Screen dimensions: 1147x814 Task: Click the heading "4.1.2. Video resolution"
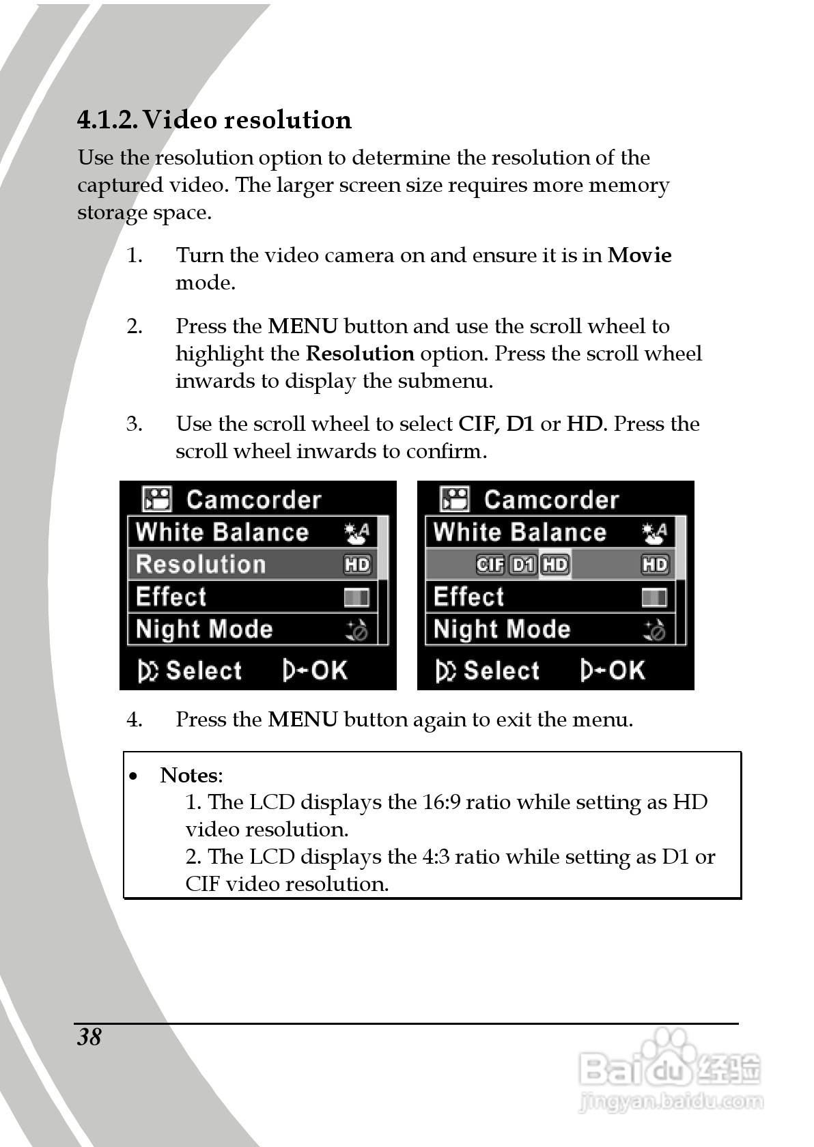pos(214,120)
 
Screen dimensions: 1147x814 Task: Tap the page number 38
pos(89,1037)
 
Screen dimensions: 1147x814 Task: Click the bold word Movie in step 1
pos(639,255)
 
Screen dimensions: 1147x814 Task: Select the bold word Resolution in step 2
pos(359,354)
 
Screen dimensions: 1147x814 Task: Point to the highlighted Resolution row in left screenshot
pos(252,565)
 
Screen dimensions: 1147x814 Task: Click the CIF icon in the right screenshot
pos(490,565)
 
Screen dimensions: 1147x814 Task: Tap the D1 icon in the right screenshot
pos(523,565)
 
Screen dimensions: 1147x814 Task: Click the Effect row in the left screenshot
pos(252,597)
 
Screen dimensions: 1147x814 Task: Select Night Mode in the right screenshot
pos(502,629)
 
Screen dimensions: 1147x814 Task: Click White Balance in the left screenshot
pos(223,533)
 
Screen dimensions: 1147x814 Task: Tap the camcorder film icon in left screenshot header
pos(157,500)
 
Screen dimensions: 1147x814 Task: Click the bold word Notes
pos(190,776)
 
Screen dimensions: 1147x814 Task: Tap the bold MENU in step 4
pos(303,720)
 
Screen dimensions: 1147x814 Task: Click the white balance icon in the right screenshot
pos(654,533)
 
